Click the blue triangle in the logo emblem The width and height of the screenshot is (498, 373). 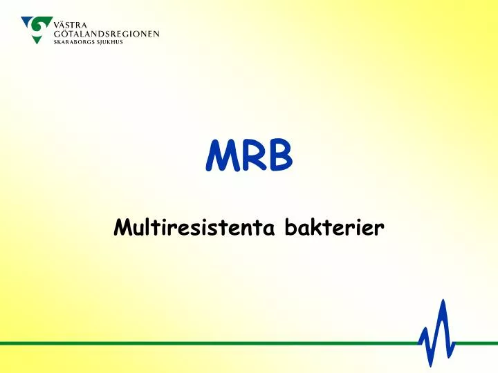[x=28, y=23]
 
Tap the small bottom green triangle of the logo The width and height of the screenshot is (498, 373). [x=38, y=39]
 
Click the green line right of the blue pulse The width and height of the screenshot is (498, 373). [x=477, y=343]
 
